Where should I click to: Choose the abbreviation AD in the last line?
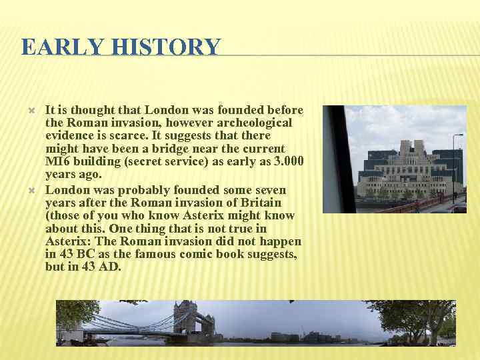pyautogui.click(x=110, y=267)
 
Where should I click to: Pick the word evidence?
pyautogui.click(x=69, y=135)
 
